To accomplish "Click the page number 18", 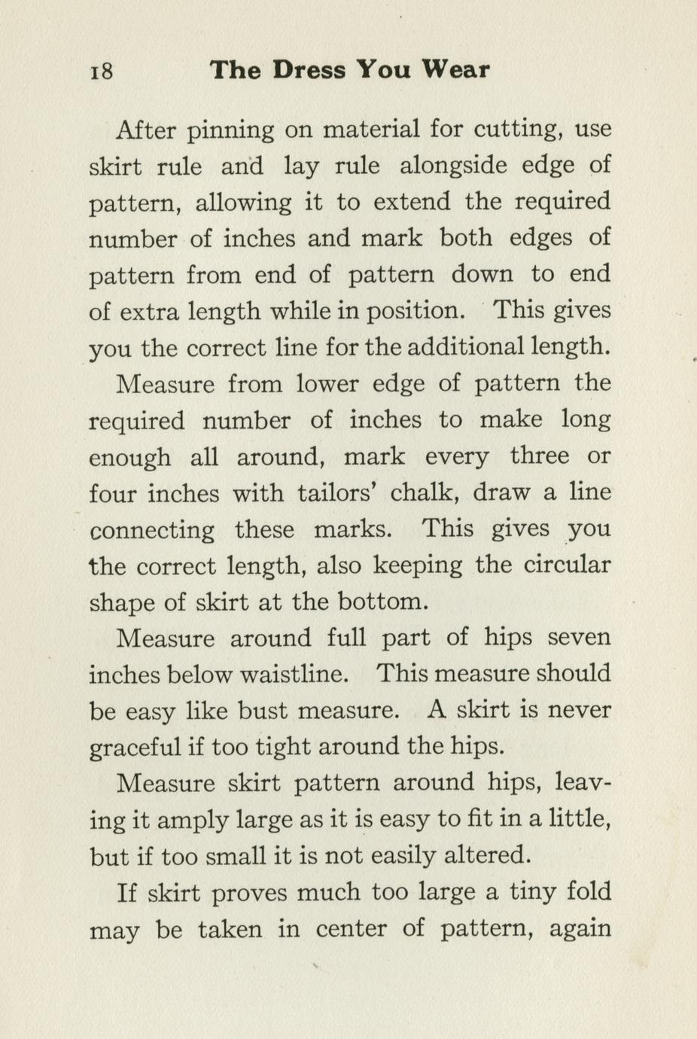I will pos(102,72).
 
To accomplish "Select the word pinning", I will pos(230,130).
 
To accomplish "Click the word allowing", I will pos(243,203).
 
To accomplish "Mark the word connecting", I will pos(152,531).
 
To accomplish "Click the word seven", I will pos(578,638).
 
